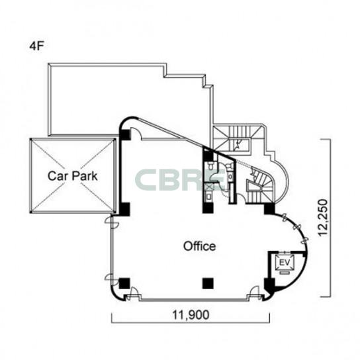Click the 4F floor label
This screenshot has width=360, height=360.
(36, 46)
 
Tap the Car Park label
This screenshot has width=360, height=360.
(73, 176)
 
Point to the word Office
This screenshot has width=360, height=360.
(199, 246)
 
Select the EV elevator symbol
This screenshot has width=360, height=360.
(285, 263)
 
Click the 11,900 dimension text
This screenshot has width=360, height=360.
(191, 315)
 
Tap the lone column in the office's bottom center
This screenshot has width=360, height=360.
(208, 283)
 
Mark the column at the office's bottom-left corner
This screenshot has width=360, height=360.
(124, 283)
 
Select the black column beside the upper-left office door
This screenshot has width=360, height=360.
(124, 135)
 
